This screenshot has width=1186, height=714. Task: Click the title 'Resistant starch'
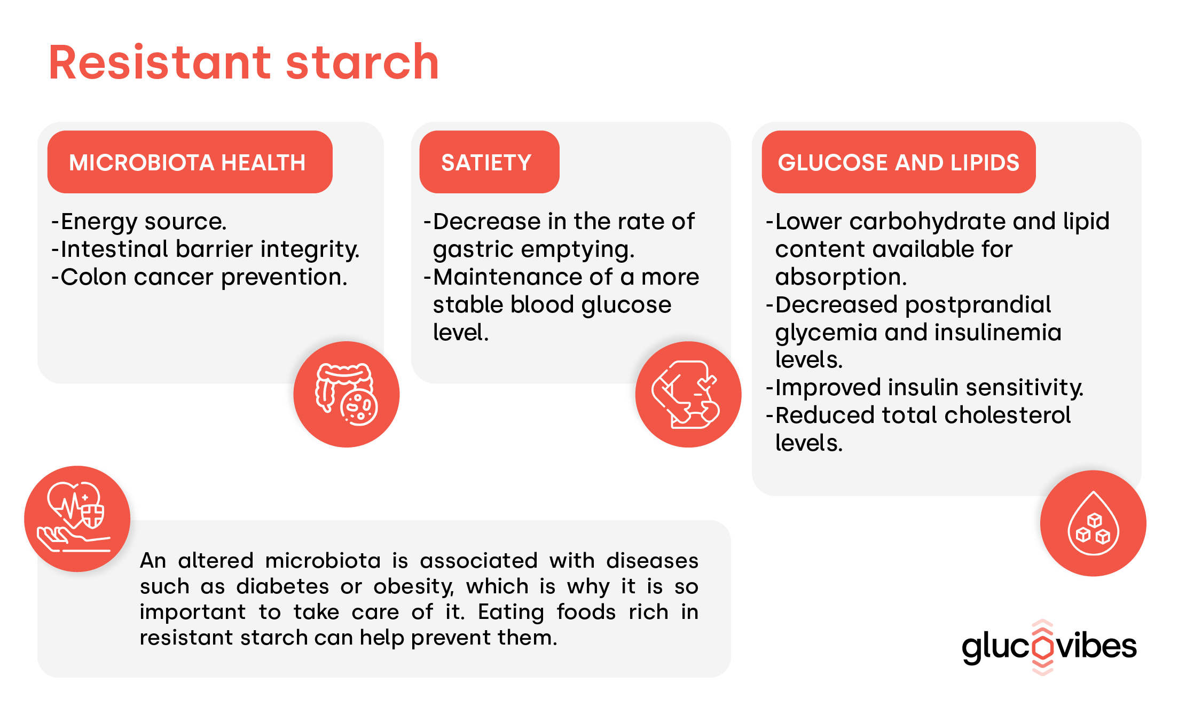click(x=244, y=62)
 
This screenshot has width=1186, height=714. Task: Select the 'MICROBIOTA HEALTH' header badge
click(x=190, y=162)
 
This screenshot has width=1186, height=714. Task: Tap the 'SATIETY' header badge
click(x=489, y=162)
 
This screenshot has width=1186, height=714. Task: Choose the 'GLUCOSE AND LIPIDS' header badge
click(x=899, y=162)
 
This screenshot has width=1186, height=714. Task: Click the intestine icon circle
click(x=347, y=394)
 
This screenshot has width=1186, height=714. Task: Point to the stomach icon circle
click(x=688, y=394)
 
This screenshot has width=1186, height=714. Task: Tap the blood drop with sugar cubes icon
click(x=1093, y=523)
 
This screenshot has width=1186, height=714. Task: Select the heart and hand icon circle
click(x=77, y=519)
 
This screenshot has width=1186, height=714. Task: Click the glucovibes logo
click(x=1049, y=647)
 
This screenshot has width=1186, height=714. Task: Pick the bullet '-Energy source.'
click(x=139, y=222)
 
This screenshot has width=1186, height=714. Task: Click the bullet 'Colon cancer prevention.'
click(x=204, y=277)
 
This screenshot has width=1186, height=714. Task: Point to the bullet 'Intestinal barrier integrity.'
click(x=210, y=249)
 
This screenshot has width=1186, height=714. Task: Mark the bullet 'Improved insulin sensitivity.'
click(x=929, y=388)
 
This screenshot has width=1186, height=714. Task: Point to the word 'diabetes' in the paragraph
click(x=282, y=586)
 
